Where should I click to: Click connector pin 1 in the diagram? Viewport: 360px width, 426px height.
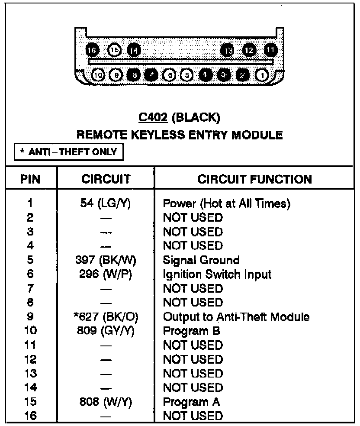[262, 75]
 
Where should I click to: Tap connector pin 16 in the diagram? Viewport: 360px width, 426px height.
[92, 50]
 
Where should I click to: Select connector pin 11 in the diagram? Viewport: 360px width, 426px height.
[270, 50]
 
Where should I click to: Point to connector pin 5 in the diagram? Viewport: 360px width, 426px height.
[187, 75]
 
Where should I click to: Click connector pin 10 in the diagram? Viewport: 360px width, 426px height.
[99, 75]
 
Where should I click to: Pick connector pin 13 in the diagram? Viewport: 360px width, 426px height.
[228, 50]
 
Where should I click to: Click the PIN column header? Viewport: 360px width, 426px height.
[31, 179]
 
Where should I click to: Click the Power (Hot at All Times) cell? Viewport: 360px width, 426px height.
[226, 203]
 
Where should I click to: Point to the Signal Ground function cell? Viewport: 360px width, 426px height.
[201, 260]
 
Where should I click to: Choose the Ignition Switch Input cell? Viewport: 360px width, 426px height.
[217, 274]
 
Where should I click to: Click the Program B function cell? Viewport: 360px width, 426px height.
[192, 332]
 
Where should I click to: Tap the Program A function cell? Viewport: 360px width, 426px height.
[191, 402]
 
